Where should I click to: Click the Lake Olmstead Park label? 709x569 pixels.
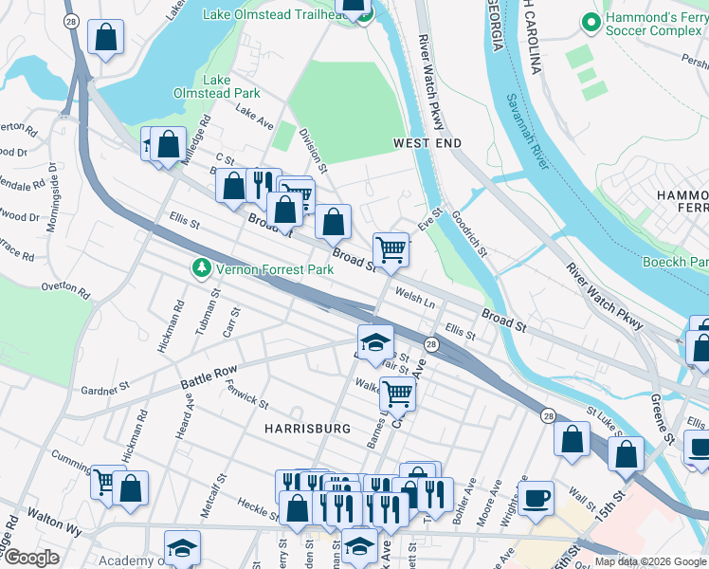coord(216,86)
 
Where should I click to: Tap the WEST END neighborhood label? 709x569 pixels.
coord(427,143)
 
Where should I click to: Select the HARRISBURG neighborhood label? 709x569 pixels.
coord(301,429)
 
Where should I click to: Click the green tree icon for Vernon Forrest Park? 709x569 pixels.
coord(201,269)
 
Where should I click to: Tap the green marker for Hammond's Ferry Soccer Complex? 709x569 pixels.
coord(591,20)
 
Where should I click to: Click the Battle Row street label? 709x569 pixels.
coord(206,378)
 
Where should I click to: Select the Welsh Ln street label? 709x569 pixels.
coord(415,299)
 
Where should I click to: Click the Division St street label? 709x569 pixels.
coord(314,152)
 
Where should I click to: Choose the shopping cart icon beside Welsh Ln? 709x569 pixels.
coord(391,250)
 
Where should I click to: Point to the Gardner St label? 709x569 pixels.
coord(105,389)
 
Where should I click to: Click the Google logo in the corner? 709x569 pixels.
coord(30,558)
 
